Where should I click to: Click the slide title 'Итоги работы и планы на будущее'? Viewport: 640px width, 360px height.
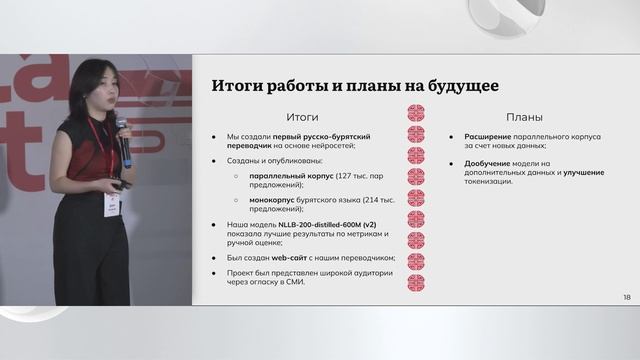[x=355, y=86]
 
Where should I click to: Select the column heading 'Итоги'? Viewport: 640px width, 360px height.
[x=303, y=117]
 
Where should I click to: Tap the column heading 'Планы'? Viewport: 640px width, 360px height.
[x=523, y=117]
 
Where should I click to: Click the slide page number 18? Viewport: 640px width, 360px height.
[x=626, y=297]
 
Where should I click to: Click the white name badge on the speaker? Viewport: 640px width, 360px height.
[x=112, y=203]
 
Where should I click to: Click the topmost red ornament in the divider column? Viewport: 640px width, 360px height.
[x=415, y=112]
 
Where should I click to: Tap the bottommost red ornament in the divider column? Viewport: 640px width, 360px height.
[x=415, y=283]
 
